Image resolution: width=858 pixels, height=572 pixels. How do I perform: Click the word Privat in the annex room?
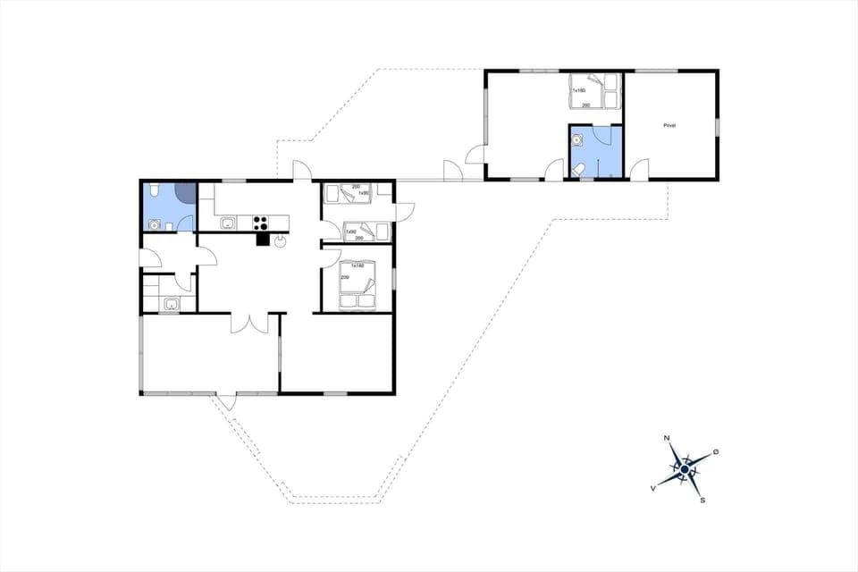pyautogui.click(x=669, y=125)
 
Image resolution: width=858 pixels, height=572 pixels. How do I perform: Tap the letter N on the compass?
pyautogui.click(x=667, y=438)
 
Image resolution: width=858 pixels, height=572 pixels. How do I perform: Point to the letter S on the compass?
pyautogui.click(x=702, y=500)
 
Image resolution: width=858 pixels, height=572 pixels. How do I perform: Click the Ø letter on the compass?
pyautogui.click(x=716, y=451)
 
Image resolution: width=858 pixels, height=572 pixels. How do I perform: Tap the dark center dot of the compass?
pyautogui.click(x=685, y=468)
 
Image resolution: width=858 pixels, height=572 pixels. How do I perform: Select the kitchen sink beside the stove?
pyautogui.click(x=228, y=223)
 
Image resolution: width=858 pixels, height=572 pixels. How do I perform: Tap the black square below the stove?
pyautogui.click(x=263, y=239)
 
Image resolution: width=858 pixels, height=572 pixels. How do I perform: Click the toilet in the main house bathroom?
pyautogui.click(x=155, y=190)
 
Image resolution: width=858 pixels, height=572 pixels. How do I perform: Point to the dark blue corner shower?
pyautogui.click(x=185, y=192)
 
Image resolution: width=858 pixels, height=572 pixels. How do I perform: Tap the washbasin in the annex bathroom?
pyautogui.click(x=578, y=139)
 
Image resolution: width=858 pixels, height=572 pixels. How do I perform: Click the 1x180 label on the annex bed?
pyautogui.click(x=578, y=90)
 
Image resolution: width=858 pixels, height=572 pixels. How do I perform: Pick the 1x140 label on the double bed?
pyautogui.click(x=357, y=265)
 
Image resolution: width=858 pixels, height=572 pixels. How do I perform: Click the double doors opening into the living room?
pyautogui.click(x=249, y=323)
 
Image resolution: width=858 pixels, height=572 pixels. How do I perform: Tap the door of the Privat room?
pyautogui.click(x=639, y=169)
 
